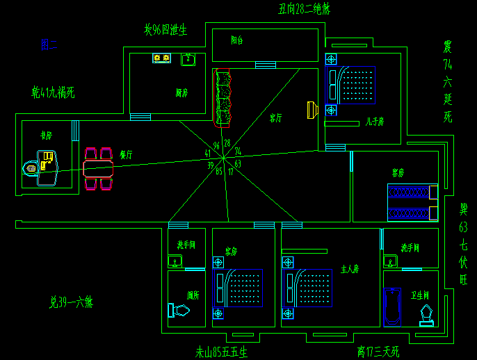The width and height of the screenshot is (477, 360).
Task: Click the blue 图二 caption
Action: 49,45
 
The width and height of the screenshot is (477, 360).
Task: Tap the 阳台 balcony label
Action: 237,40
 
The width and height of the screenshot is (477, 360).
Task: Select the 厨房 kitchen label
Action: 182,92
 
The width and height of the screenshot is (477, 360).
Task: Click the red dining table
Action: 97,168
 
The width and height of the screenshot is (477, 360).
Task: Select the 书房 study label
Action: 47,136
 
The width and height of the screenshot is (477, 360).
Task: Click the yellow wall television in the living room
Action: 313,110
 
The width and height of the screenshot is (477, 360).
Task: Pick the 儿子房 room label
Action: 375,122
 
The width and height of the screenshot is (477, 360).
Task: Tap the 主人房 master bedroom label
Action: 350,268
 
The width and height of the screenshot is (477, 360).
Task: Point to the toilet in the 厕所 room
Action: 178,311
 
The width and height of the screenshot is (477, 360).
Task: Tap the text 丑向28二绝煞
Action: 304,9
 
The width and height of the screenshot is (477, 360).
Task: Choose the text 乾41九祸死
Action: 53,92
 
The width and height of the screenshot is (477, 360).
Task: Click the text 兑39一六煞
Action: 71,302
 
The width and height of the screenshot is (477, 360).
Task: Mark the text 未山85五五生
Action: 221,352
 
